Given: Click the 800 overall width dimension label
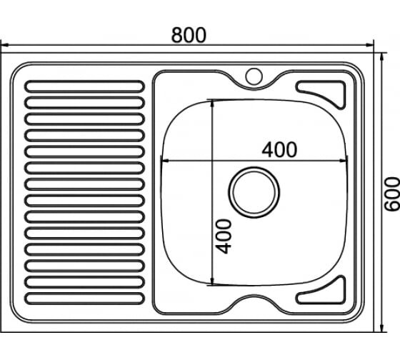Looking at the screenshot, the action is click(x=189, y=35).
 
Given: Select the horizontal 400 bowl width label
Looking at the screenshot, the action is click(x=279, y=149).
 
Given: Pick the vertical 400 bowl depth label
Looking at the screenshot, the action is click(x=223, y=236).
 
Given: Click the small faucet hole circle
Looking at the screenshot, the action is click(x=254, y=76).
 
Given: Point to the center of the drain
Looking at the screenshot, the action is click(x=254, y=192).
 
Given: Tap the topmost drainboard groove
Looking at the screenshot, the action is click(x=84, y=86).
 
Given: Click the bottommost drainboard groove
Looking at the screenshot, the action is click(x=84, y=299).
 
